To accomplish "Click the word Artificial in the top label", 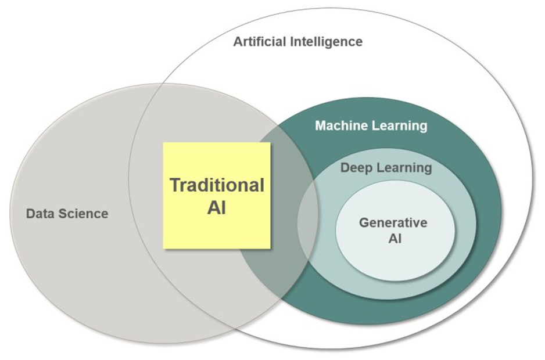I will pyautogui.click(x=260, y=42).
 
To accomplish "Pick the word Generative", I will pyautogui.click(x=393, y=222).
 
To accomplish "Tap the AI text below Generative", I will pyautogui.click(x=393, y=237).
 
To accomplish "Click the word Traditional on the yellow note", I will pyautogui.click(x=217, y=185).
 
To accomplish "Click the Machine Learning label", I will pyautogui.click(x=371, y=125).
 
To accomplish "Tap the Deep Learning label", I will pyautogui.click(x=386, y=168).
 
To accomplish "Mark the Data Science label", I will pyautogui.click(x=67, y=214).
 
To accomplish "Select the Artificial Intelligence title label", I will pyautogui.click(x=297, y=42).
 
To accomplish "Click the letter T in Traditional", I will pyautogui.click(x=175, y=185).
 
